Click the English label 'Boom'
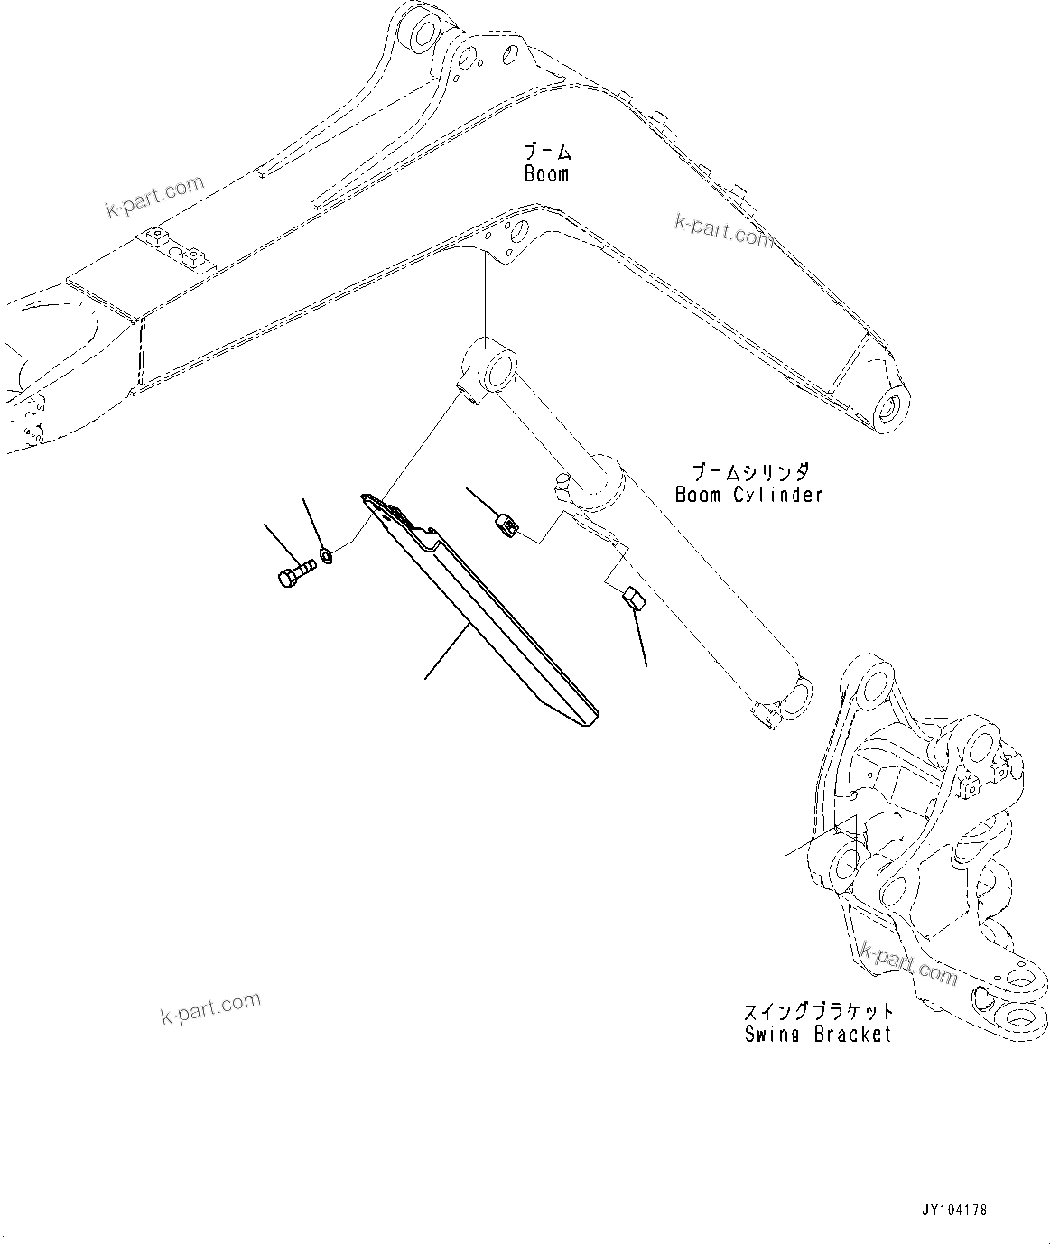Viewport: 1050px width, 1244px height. click(546, 174)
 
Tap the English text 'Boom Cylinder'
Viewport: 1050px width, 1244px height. click(748, 495)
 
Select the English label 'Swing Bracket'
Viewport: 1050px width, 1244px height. click(818, 1035)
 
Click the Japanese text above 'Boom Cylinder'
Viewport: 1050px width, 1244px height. click(749, 472)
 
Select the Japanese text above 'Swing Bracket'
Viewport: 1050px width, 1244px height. click(818, 1012)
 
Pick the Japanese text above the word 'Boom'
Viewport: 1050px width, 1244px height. click(546, 152)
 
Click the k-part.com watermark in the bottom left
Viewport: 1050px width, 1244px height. click(210, 1008)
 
